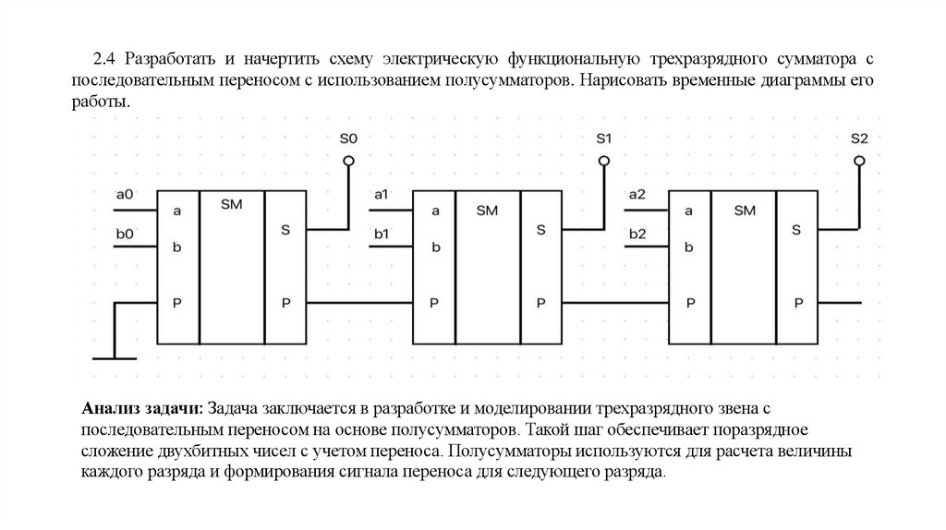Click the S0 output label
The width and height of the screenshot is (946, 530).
348,139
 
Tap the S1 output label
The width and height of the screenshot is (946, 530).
604,139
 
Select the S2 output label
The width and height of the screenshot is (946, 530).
859,139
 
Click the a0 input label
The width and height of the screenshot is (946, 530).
125,195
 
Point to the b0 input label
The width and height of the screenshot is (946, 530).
125,235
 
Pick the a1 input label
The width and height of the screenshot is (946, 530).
381,195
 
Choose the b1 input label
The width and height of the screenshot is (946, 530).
381,235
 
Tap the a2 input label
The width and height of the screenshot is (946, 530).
637,195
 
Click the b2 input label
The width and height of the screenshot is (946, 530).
637,235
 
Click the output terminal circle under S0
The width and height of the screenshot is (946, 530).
348,161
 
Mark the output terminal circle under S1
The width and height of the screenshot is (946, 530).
604,161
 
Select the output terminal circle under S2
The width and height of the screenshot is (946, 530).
859,161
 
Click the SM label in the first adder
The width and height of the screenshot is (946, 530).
232,204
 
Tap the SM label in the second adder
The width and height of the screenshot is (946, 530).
488,211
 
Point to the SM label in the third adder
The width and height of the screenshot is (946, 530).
744,211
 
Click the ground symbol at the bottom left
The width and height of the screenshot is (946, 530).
113,355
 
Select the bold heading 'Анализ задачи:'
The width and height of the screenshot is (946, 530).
143,408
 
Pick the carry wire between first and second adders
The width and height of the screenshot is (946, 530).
359,303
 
